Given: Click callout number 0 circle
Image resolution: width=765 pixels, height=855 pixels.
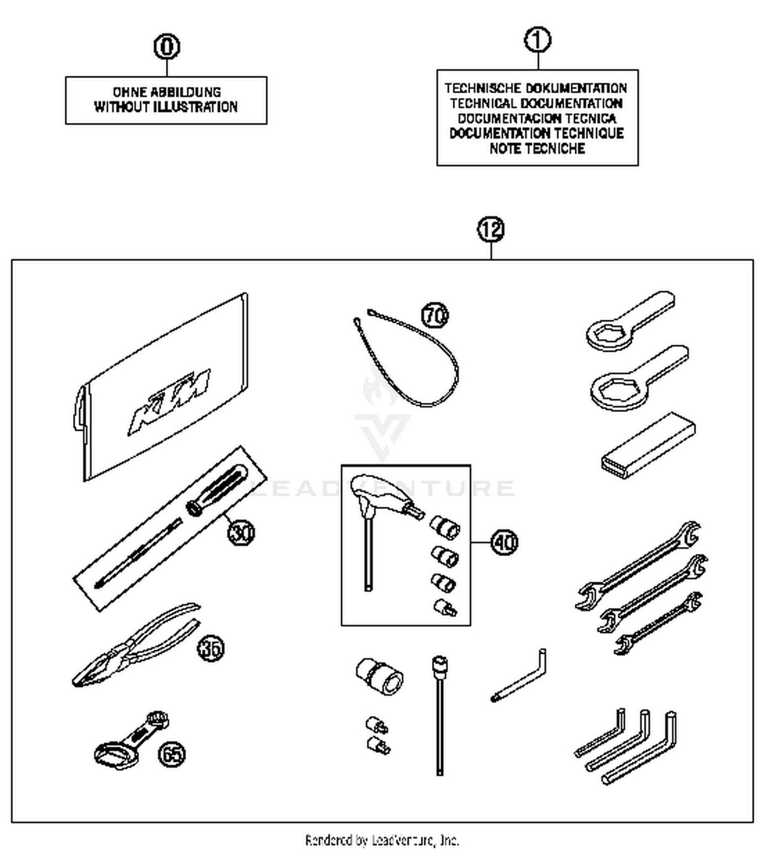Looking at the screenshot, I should point(167,46).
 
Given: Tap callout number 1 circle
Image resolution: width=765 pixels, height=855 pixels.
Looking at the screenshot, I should point(538,40).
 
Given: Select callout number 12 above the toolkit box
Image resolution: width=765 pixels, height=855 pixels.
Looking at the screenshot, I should point(491,229).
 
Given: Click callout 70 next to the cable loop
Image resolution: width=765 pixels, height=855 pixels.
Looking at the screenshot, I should point(435,315).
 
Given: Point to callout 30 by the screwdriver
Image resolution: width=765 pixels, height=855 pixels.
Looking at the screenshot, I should point(241,532).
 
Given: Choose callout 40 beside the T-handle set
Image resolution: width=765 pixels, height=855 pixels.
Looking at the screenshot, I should point(504,542).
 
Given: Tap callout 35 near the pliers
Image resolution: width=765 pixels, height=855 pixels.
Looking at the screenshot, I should point(211,648).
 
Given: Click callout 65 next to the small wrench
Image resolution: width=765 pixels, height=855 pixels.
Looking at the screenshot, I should point(172,754).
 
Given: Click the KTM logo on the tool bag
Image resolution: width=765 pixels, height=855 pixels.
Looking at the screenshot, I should point(170,401).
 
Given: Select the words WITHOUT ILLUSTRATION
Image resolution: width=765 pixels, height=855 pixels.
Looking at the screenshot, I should point(166,107).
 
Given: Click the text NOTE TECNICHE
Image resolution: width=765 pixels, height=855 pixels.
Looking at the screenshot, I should point(537,149).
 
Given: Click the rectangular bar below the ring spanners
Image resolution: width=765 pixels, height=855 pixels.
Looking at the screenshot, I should point(648,447).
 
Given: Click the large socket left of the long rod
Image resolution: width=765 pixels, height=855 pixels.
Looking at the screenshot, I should point(380,676).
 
